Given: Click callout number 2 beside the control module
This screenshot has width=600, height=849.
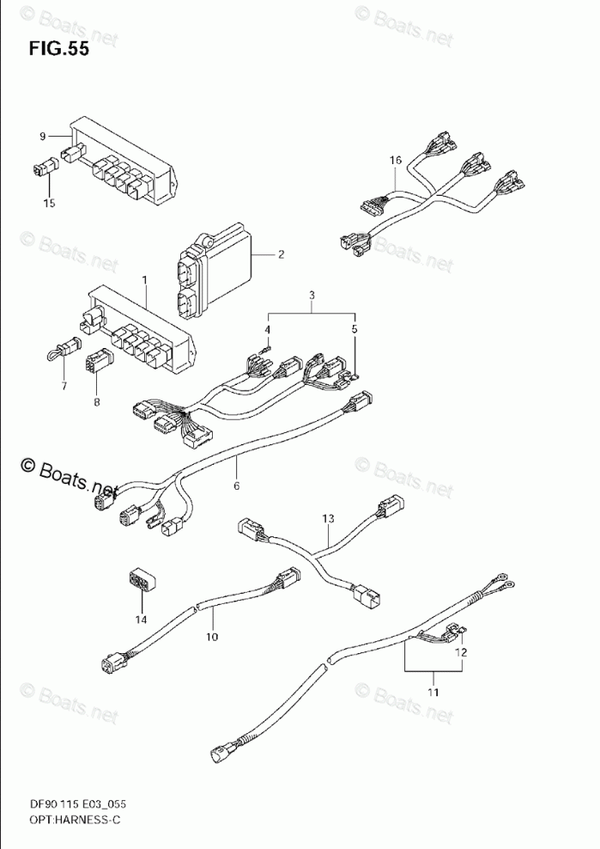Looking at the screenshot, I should [x=280, y=254].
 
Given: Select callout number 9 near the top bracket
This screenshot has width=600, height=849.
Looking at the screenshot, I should [x=42, y=136].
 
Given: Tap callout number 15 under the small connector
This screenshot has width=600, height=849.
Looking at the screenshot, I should [x=49, y=203].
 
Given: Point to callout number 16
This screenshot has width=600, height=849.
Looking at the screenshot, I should [x=395, y=160].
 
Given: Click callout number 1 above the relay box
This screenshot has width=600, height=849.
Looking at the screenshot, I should [x=144, y=280].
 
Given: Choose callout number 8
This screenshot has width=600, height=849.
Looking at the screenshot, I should [x=96, y=400].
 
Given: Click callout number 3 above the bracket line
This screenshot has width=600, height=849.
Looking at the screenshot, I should [x=312, y=296].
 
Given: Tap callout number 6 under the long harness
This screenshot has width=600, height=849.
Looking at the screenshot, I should [x=237, y=486].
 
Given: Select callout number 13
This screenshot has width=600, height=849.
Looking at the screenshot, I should [x=327, y=518].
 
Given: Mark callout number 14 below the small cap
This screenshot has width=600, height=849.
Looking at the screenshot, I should [x=140, y=619].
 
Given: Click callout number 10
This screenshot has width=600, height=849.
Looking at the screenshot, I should [x=211, y=637].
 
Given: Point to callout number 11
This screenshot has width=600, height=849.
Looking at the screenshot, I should [x=433, y=692].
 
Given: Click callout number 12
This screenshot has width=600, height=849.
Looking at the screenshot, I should [x=462, y=651].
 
